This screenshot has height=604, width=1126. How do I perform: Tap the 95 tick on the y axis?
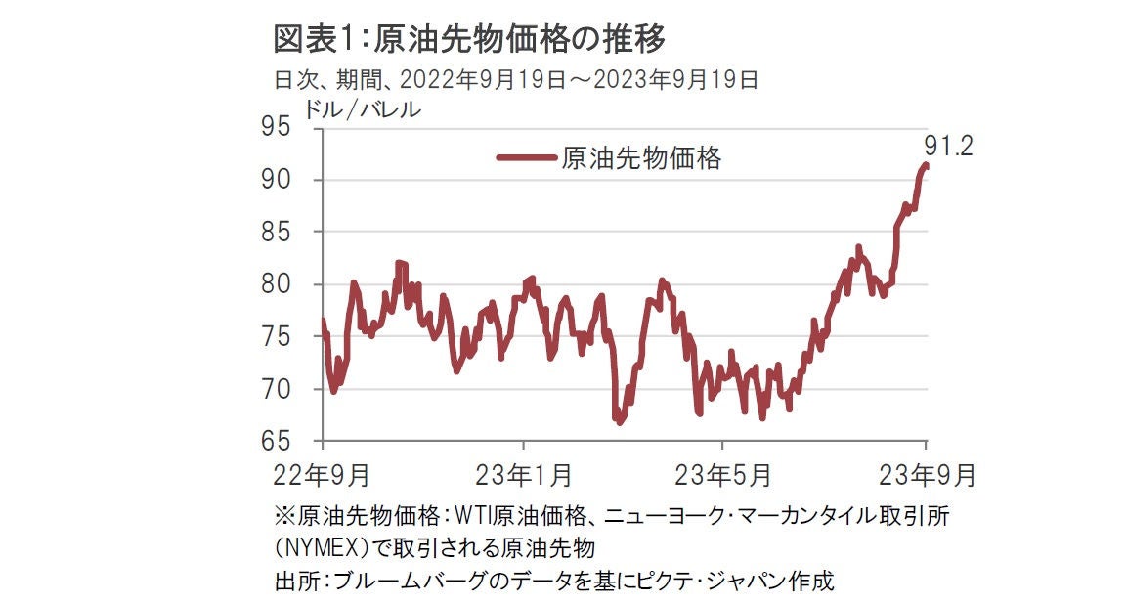coord(277,127)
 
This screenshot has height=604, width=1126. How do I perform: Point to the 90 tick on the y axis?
coord(277,180)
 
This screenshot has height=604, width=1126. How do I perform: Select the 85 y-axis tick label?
coord(277,233)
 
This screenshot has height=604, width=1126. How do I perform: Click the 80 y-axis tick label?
coord(277,285)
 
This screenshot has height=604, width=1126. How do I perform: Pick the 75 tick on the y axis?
coord(277,337)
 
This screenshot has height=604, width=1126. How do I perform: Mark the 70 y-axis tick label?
coord(277,390)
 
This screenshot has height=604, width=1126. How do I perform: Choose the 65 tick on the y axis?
coord(277,442)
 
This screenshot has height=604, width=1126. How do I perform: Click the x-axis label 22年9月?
coord(323,476)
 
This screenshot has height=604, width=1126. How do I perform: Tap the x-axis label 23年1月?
coord(525,476)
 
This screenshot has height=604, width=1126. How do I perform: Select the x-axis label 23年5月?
coord(723,476)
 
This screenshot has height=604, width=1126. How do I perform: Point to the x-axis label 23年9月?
coord(927,476)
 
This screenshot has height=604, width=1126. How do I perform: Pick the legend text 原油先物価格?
coord(641,158)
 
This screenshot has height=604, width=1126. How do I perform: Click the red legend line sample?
coord(526,158)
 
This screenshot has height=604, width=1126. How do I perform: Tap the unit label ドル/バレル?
coord(364,108)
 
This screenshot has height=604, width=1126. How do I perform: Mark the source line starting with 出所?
coord(554,581)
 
